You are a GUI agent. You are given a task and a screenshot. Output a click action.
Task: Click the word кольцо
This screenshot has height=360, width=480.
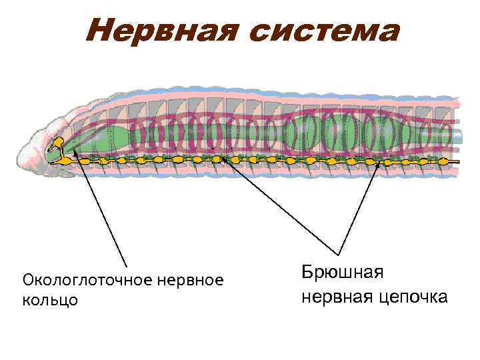coord(50,300)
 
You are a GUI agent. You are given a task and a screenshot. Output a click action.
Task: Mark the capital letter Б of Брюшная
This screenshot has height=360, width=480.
coord(307,272)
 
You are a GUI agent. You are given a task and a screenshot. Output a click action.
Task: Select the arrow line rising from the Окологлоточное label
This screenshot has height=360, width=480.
coord(100,207)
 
